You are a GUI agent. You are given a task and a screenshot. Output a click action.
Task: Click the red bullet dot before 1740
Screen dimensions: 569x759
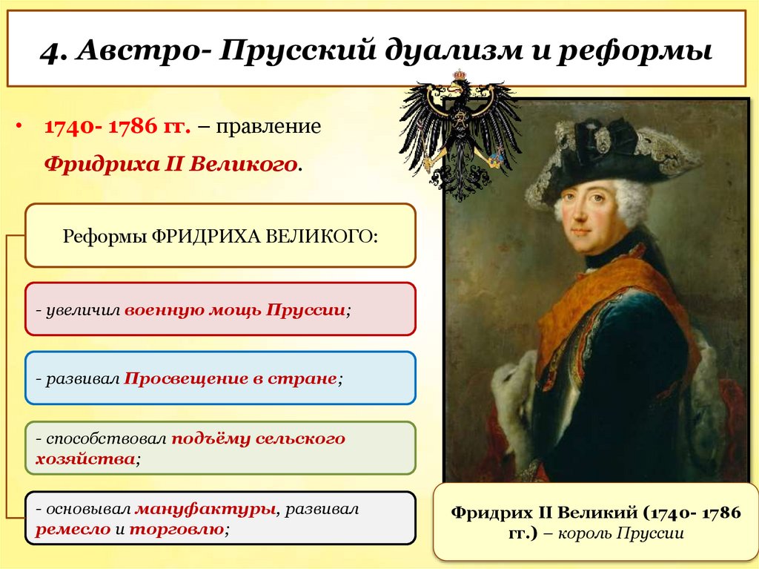pyautogui.click(x=20, y=125)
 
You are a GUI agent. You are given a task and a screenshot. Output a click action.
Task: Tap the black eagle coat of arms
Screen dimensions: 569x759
pyautogui.click(x=460, y=134)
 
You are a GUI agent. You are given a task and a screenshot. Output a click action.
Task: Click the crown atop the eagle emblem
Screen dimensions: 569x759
pyautogui.click(x=460, y=75)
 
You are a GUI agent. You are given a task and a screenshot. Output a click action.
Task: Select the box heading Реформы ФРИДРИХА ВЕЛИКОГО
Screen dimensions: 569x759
pyautogui.click(x=220, y=235)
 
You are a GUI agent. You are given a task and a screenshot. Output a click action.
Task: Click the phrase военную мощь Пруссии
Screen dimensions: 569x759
pyautogui.click(x=235, y=309)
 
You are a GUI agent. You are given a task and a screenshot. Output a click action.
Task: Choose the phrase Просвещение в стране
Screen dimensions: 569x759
pyautogui.click(x=230, y=378)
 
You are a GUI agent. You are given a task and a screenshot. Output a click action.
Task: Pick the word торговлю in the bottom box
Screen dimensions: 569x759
pyautogui.click(x=176, y=530)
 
